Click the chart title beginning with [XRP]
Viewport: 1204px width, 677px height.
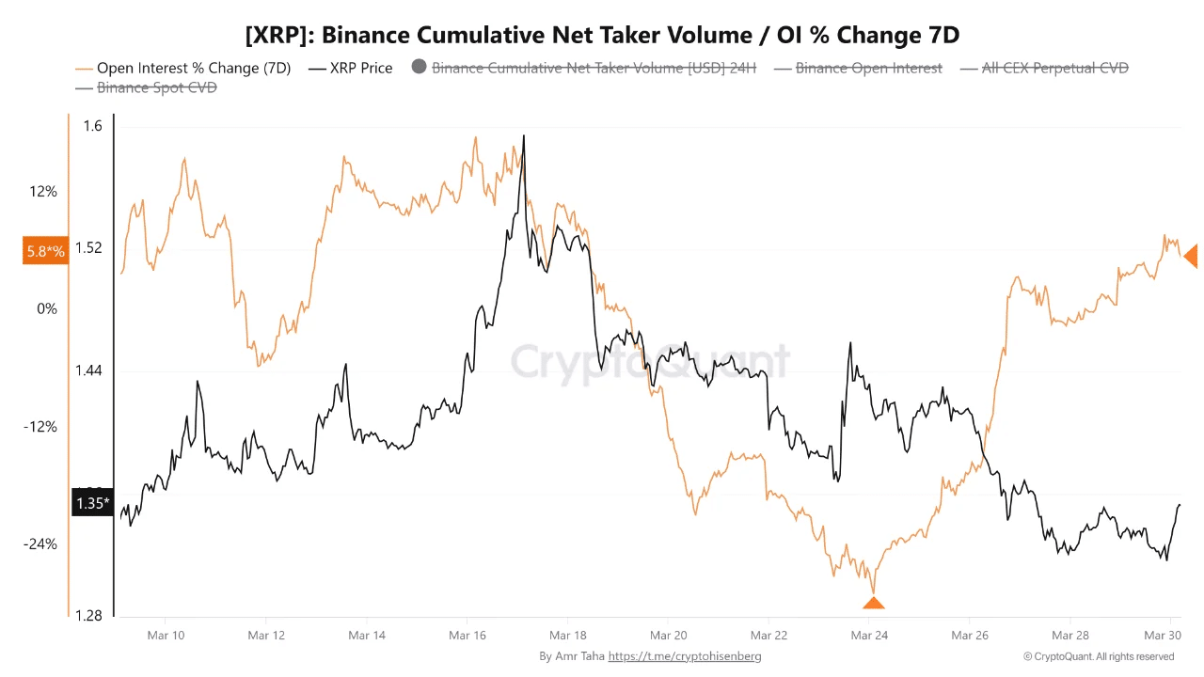pyautogui.click(x=602, y=35)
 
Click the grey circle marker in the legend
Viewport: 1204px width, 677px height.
pyautogui.click(x=419, y=67)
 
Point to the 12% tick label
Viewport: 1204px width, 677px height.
pyautogui.click(x=43, y=192)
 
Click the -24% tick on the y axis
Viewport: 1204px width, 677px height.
pyautogui.click(x=41, y=544)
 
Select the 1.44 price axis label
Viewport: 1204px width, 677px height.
pyautogui.click(x=89, y=371)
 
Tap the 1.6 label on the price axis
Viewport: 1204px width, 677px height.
pyautogui.click(x=92, y=127)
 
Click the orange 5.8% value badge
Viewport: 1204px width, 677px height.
pyautogui.click(x=45, y=251)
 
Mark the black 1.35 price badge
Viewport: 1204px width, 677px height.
pyautogui.click(x=92, y=503)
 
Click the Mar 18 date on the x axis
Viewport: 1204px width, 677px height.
pyautogui.click(x=567, y=636)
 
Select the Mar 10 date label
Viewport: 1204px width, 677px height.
pyautogui.click(x=166, y=636)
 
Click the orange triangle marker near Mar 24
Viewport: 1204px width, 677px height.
pyautogui.click(x=874, y=603)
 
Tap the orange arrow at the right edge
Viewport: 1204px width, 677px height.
pyautogui.click(x=1191, y=256)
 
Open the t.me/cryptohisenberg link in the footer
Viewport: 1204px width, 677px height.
pyautogui.click(x=685, y=656)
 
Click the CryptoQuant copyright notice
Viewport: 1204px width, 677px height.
pyautogui.click(x=1099, y=656)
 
